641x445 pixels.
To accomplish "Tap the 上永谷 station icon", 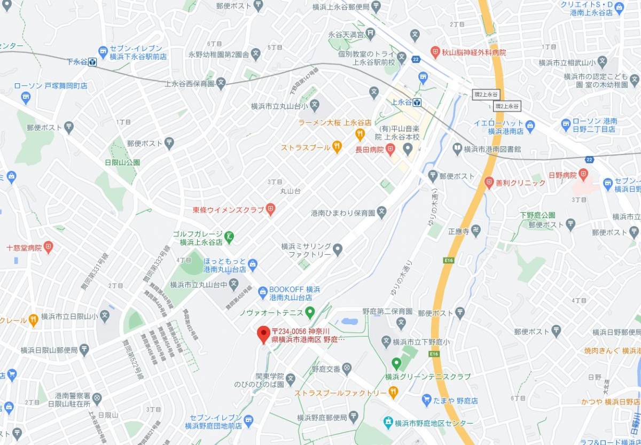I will [x=417, y=102].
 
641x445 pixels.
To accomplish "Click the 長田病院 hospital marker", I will [x=390, y=150].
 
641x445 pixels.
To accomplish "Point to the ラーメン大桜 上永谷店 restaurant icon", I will [x=360, y=134].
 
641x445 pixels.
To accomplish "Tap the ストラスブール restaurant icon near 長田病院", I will [x=337, y=146].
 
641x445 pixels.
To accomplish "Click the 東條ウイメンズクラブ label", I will [x=229, y=210].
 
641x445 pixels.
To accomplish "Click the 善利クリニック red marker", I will [x=488, y=183].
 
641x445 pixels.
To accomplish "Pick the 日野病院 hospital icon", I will [x=583, y=175].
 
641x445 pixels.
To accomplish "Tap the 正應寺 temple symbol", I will [x=476, y=231].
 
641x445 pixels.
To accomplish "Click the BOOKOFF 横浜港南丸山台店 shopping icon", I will [x=263, y=292].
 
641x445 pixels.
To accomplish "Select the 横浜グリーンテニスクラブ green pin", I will [x=396, y=363].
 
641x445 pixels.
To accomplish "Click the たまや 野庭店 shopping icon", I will [x=426, y=400].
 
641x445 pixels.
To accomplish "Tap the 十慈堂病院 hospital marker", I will [x=49, y=247].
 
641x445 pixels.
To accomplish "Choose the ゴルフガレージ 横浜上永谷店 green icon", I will [x=229, y=236].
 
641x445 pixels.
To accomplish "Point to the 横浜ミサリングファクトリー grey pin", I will [x=338, y=249].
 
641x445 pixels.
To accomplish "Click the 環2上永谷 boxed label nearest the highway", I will [x=507, y=106].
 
